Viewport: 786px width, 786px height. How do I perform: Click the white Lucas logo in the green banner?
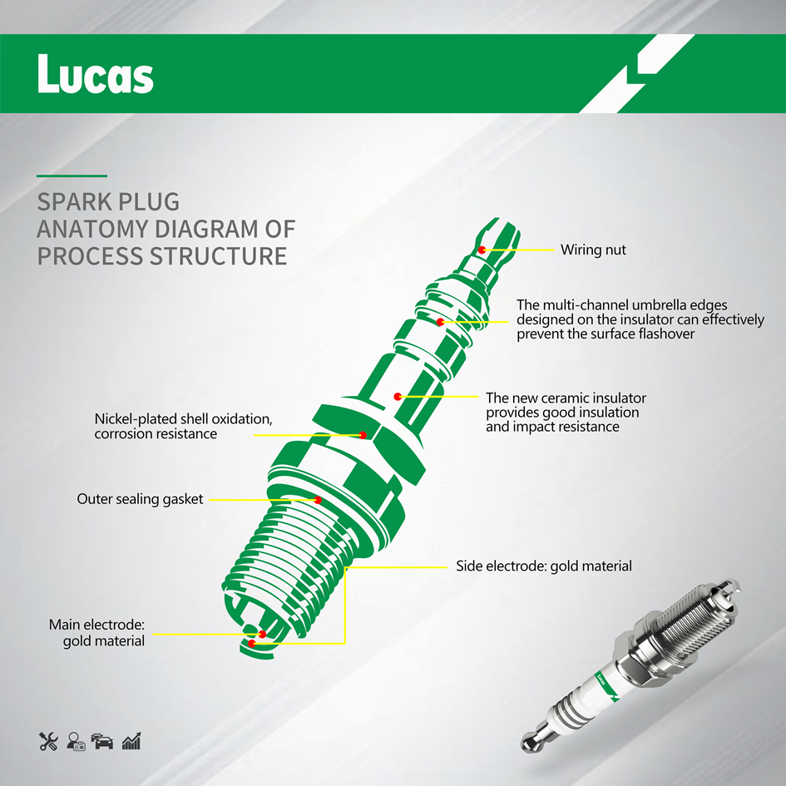96,74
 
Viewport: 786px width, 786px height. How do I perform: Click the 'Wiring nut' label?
593,250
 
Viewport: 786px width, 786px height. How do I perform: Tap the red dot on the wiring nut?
482,250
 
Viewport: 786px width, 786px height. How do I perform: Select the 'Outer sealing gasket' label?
140,499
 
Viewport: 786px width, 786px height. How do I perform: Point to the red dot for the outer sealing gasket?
317,500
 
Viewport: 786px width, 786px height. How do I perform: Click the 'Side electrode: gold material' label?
544,566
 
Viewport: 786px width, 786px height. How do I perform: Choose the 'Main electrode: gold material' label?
96,633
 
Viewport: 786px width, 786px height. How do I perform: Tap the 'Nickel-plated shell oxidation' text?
184,419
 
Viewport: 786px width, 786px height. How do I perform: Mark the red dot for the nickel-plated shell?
363,435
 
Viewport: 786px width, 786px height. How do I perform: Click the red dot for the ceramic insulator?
398,397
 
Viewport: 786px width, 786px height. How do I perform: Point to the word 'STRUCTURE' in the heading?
219,256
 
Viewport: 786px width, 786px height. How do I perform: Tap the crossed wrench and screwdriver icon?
48,741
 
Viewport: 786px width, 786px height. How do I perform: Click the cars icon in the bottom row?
102,741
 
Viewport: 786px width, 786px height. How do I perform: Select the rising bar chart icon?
131,741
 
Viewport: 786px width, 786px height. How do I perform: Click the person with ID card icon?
76,741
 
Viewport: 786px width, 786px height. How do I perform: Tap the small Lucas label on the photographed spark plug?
601,680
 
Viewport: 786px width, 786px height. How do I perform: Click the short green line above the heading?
72,176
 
